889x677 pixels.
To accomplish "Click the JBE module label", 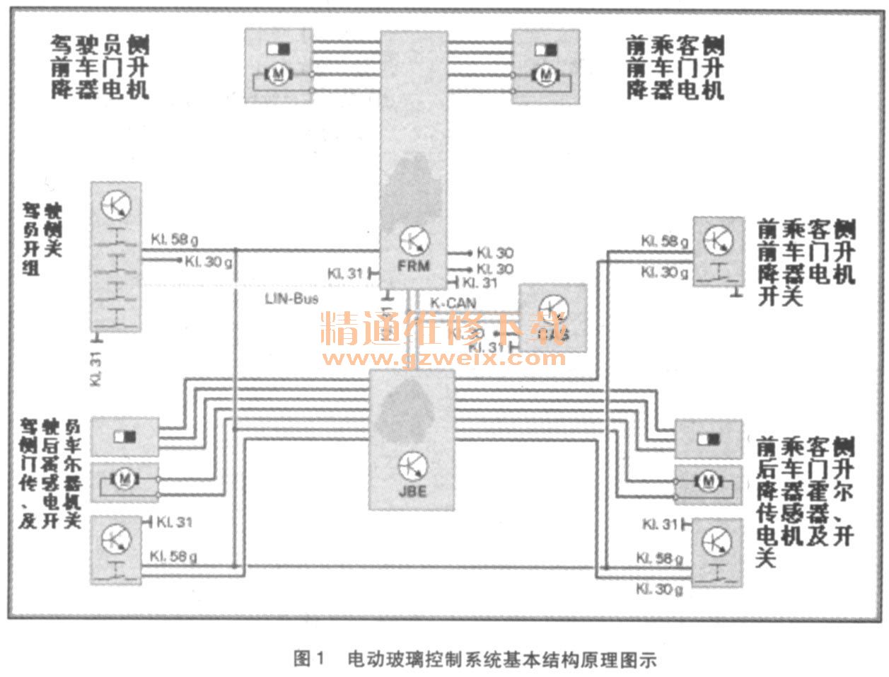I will (413, 490).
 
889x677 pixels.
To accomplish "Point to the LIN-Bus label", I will (291, 299).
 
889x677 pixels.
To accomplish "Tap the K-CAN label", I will (453, 303).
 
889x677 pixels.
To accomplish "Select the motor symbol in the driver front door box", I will (278, 74).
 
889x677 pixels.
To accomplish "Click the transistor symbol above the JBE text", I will (412, 465).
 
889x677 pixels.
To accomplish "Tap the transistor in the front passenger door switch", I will (718, 241).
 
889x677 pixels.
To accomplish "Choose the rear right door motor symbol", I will (708, 482).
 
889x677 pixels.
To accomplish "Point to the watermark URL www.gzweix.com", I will (443, 357).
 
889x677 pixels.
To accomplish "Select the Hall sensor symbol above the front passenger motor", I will (545, 51).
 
